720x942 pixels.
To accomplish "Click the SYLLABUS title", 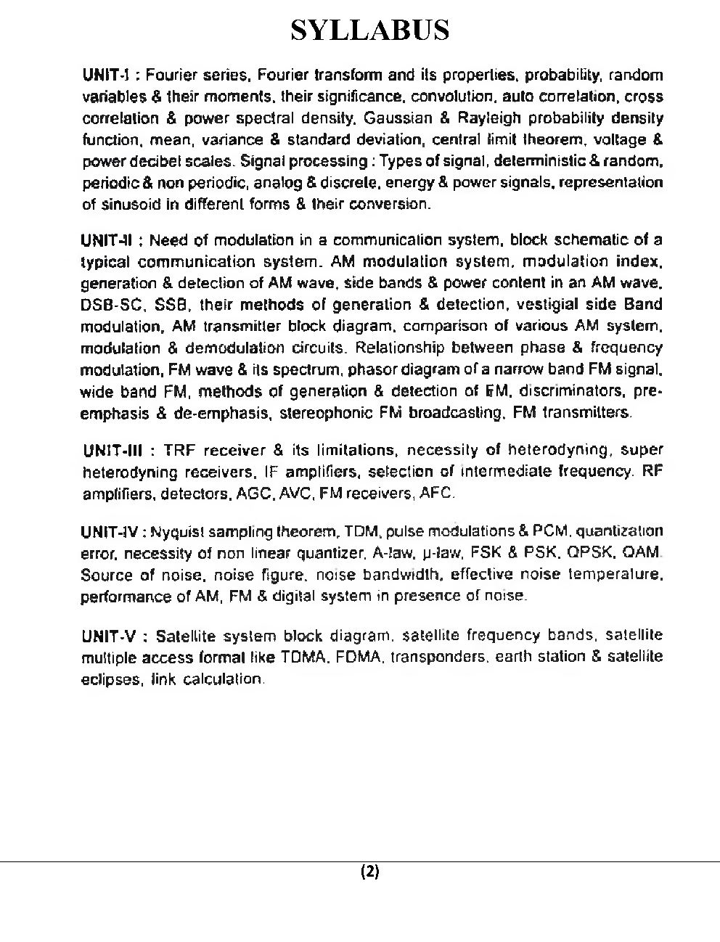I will pos(370,30).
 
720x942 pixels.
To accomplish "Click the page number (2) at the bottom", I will pos(370,872).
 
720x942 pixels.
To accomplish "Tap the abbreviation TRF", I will pos(177,451).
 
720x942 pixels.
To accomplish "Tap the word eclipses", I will pos(106,679).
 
